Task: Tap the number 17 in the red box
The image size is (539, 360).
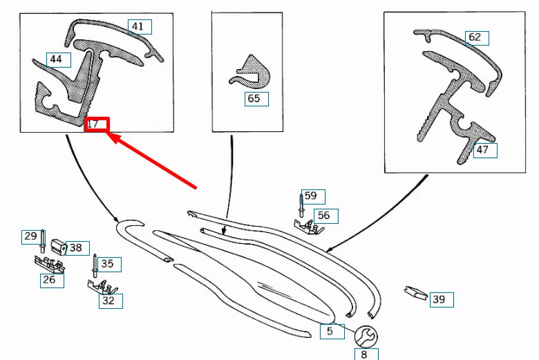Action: (x=93, y=124)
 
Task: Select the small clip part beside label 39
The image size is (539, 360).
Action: (x=416, y=292)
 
